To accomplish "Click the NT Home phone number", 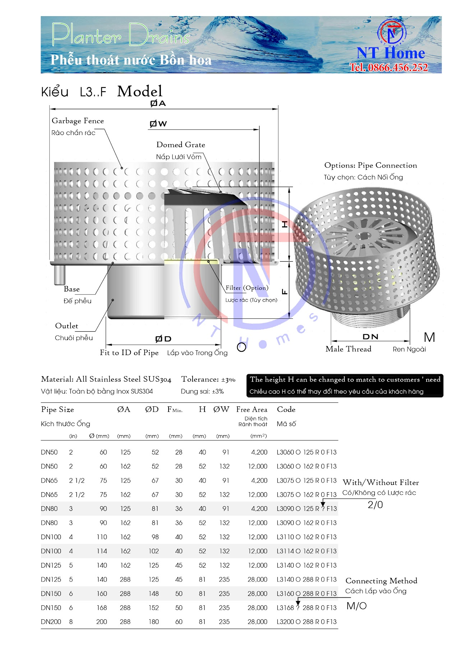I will click(x=389, y=67).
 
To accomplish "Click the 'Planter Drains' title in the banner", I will click(x=120, y=35).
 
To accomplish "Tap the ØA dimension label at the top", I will click(x=158, y=103).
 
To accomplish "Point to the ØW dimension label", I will click(x=158, y=124).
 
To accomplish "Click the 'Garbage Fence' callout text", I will click(x=78, y=121).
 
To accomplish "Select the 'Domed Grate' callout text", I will click(x=181, y=145).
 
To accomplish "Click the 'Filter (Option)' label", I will click(x=247, y=288).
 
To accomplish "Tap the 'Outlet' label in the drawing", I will click(x=66, y=326).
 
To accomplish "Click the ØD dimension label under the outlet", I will click(x=163, y=339).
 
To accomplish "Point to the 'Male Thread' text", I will click(x=348, y=349).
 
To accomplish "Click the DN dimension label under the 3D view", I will click(x=370, y=337).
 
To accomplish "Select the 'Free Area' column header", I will click(x=252, y=410).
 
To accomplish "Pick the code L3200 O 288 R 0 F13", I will click(x=307, y=622).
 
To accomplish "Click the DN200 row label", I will click(x=51, y=622).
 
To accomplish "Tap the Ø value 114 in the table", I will click(x=102, y=551).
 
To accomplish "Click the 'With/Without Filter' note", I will click(x=381, y=482).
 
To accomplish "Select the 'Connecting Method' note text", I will click(x=381, y=581).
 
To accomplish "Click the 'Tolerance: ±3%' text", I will click(x=208, y=379).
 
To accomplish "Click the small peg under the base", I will click(x=59, y=274).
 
